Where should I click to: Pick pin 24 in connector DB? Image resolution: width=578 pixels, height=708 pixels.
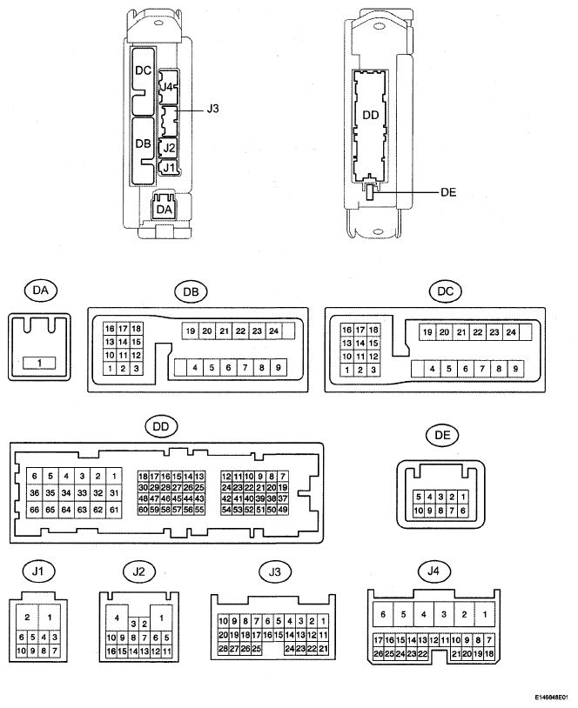pos(274,331)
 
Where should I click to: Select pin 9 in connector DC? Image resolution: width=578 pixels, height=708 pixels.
pos(515,369)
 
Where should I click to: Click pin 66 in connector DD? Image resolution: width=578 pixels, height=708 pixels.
pos(34,509)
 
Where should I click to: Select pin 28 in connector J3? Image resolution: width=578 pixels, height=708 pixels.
pos(223,649)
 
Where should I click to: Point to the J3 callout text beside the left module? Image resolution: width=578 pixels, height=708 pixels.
pos(212,110)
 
